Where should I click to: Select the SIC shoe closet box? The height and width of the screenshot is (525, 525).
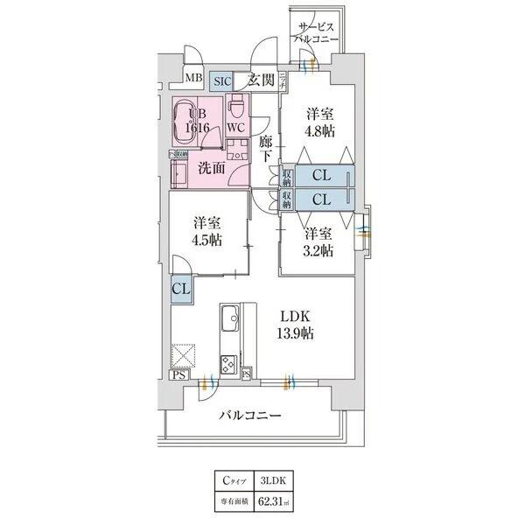tap(223, 81)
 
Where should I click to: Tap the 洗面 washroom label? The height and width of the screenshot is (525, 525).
tap(212, 167)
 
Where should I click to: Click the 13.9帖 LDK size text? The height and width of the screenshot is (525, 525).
tap(297, 333)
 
